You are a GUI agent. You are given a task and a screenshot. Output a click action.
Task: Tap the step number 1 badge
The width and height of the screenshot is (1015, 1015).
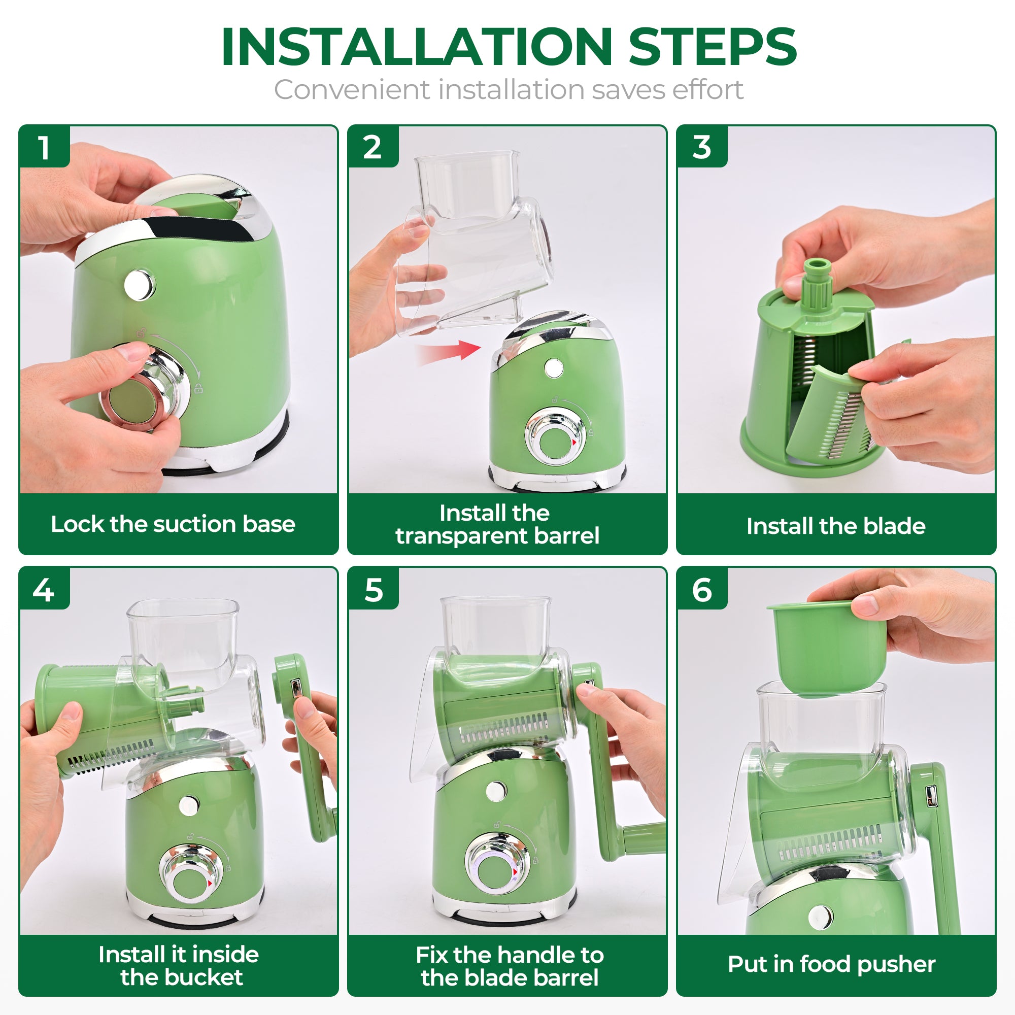coord(44,147)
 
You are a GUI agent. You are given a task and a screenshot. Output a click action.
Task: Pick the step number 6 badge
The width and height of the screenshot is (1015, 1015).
coord(702,589)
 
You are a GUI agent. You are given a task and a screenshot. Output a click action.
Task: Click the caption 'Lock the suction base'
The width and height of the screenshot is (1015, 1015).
coord(173,524)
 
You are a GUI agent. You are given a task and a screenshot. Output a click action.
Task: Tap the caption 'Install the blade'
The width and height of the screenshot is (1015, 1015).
coord(835,526)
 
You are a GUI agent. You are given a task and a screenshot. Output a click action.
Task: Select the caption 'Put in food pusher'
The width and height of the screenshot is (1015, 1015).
coord(831,964)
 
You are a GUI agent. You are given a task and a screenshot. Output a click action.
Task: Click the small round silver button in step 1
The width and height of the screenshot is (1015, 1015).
coord(140,285)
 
